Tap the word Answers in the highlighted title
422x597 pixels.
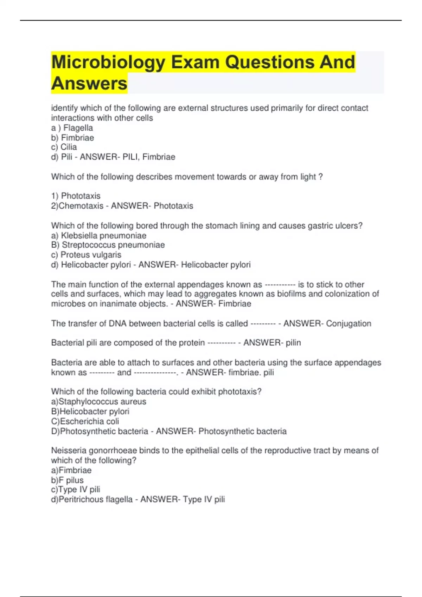(x=89, y=84)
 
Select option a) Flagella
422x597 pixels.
(x=72, y=128)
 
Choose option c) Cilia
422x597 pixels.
(x=64, y=147)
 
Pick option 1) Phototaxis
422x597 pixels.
(x=76, y=196)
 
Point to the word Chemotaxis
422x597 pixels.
(x=81, y=206)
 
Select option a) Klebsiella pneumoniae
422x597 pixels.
(x=99, y=236)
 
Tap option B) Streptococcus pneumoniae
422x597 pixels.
(x=108, y=245)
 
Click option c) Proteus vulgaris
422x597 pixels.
(x=86, y=255)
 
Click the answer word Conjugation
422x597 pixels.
(x=349, y=323)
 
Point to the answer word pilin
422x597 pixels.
(x=293, y=343)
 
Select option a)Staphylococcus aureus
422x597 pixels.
(x=99, y=402)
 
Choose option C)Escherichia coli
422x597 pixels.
(x=85, y=421)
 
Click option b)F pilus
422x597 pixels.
(x=68, y=480)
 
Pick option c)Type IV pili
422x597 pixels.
(x=76, y=490)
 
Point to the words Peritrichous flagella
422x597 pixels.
(x=96, y=499)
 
